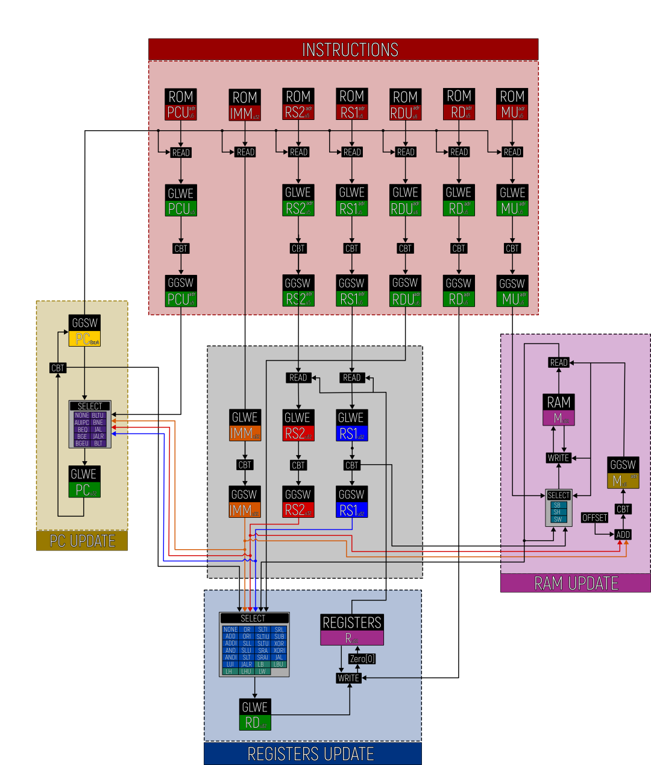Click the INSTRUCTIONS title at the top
click(350, 49)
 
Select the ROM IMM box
click(245, 105)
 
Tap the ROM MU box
click(512, 104)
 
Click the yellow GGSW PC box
click(84, 331)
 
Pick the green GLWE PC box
click(84, 482)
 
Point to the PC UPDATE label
click(82, 541)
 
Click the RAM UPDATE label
click(576, 583)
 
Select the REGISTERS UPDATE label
click(311, 754)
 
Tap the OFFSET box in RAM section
click(594, 518)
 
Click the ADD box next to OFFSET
click(623, 535)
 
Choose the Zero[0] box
click(362, 659)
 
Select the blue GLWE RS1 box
click(351, 426)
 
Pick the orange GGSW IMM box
click(245, 502)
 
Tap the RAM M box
click(559, 410)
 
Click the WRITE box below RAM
click(558, 458)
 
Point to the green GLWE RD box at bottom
click(255, 714)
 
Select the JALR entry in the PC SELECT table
click(98, 436)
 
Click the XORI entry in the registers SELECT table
click(279, 650)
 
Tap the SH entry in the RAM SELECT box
click(557, 512)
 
